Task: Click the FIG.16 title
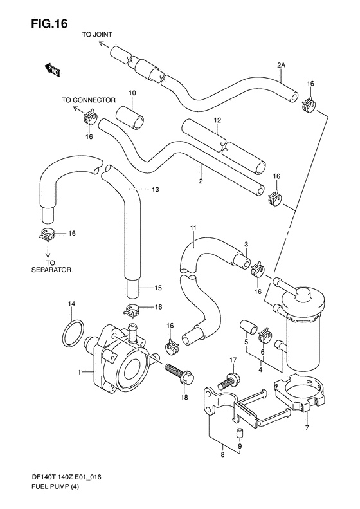50,23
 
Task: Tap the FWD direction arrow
52,69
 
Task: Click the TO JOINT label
97,34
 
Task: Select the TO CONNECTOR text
89,100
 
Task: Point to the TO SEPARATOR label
51,266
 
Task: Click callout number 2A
281,65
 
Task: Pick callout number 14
71,304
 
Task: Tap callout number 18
184,397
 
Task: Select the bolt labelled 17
228,381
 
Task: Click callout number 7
307,427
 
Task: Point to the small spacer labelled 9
239,433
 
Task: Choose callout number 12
217,120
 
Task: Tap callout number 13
156,189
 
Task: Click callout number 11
193,228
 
